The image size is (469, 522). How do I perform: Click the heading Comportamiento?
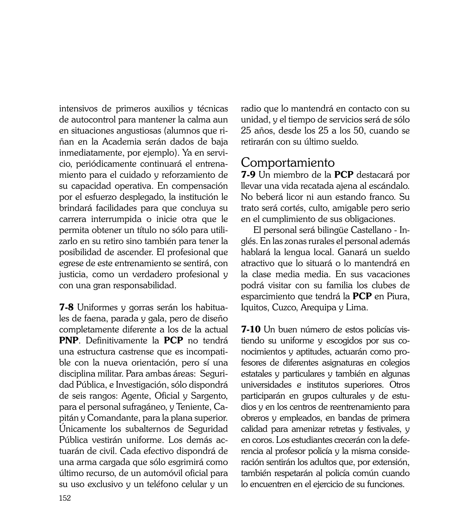pos(288,163)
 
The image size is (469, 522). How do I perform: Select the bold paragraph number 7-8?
pos(66,308)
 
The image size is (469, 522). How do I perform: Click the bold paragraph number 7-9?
pos(248,175)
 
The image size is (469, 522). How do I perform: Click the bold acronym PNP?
pos(68,341)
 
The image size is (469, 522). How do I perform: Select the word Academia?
pos(121,142)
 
